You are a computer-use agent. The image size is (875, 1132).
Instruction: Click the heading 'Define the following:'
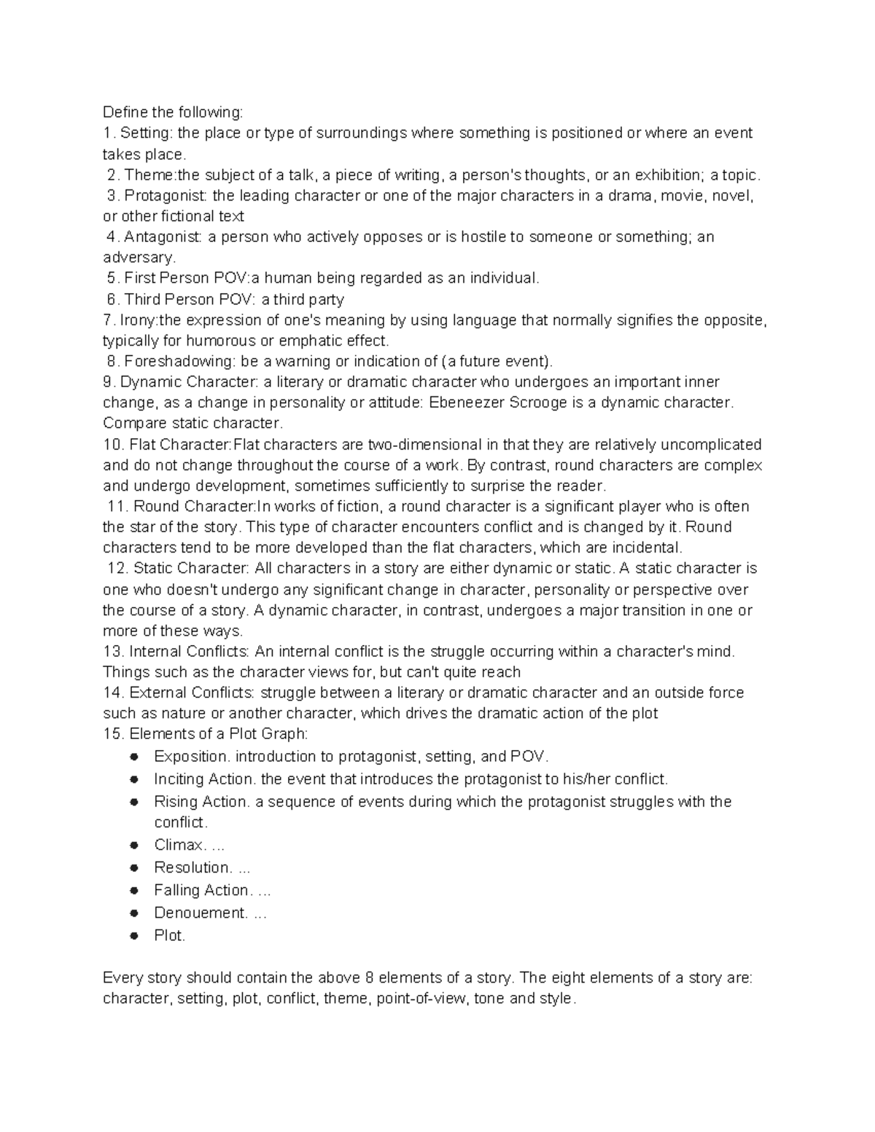(x=172, y=112)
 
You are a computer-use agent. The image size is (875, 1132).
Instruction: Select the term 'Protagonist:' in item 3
(x=166, y=195)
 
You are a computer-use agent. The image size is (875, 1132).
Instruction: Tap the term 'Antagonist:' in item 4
(x=163, y=237)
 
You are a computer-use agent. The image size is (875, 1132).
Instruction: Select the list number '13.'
(x=114, y=652)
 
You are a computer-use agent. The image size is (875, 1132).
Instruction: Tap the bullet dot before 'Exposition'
(x=133, y=757)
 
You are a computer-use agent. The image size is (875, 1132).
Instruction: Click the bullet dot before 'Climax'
(x=133, y=846)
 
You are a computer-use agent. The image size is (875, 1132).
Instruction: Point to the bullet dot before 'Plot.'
(x=133, y=936)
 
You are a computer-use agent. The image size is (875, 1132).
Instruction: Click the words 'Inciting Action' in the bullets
(x=204, y=779)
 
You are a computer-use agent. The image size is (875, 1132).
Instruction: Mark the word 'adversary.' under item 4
(x=139, y=258)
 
